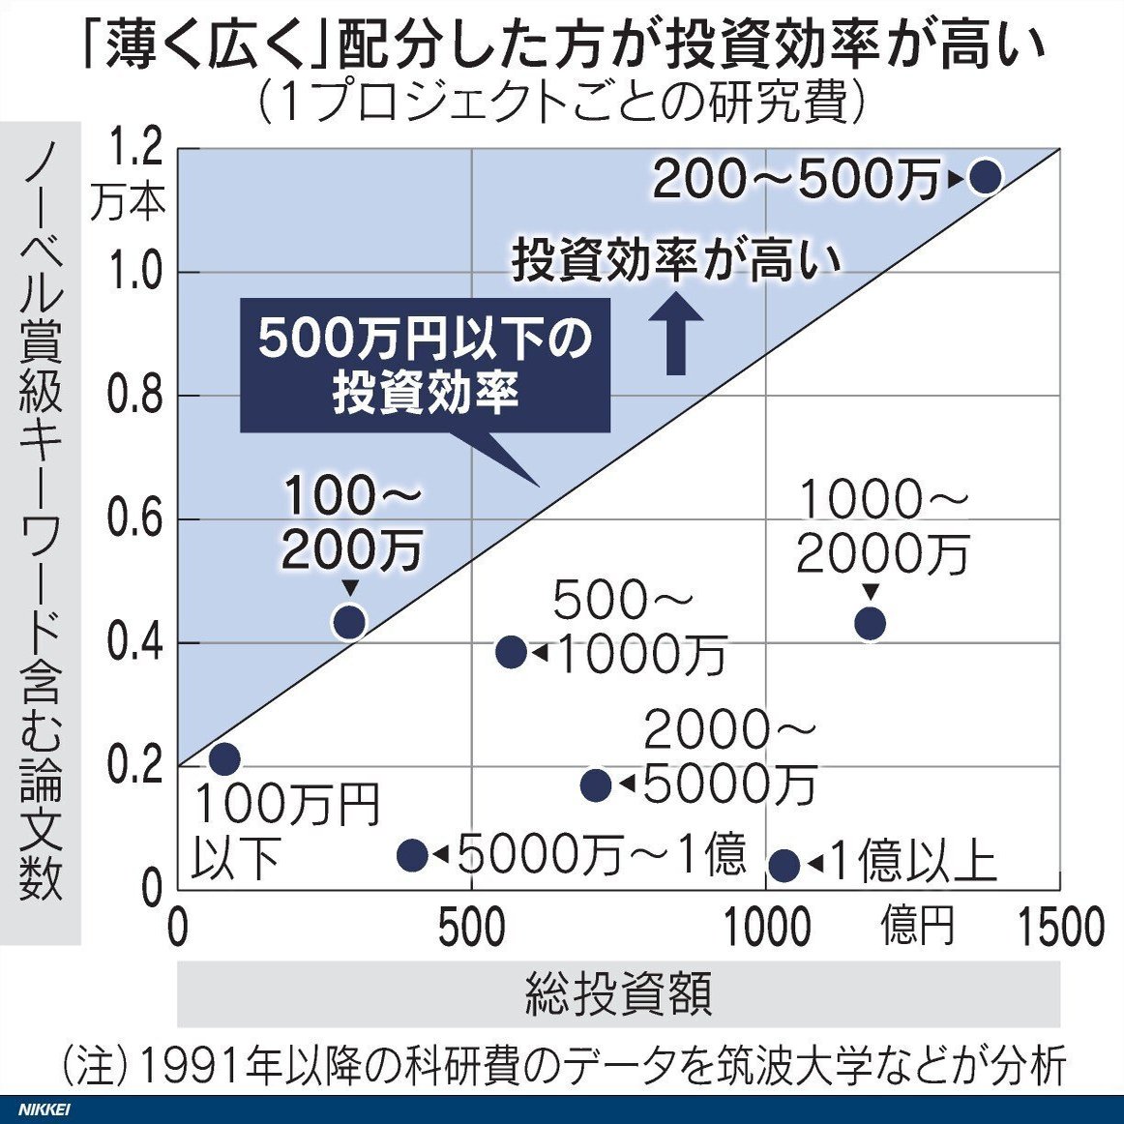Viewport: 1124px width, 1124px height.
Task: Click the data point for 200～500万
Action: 985,176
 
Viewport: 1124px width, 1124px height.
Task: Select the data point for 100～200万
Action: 349,621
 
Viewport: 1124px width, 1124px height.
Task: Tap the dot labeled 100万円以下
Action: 223,758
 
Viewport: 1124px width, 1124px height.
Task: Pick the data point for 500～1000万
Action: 511,652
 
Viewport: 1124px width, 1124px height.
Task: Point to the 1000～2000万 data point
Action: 870,623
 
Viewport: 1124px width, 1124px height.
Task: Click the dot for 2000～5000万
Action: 596,784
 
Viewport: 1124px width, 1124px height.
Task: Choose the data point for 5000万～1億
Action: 412,854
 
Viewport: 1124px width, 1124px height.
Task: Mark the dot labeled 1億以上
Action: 784,865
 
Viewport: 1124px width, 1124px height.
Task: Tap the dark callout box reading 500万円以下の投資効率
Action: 425,366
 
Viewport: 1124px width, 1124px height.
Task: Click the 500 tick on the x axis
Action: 471,927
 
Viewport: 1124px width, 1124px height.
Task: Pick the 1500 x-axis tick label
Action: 1061,927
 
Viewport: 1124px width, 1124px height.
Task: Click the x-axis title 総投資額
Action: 618,993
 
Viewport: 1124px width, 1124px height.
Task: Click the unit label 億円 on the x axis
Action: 917,926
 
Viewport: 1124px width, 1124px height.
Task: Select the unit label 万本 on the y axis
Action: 128,203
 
